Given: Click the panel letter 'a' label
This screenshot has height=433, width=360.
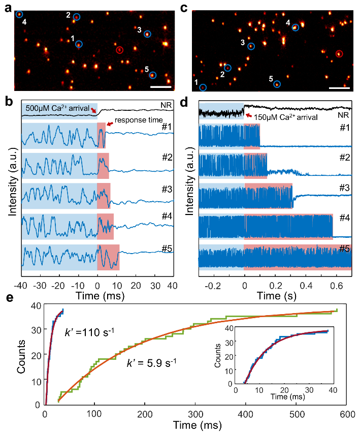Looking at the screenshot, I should (x=8, y=7).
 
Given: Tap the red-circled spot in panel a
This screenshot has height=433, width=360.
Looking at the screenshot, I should (x=119, y=50).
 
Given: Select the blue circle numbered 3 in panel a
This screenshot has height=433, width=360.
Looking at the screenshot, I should (x=147, y=34).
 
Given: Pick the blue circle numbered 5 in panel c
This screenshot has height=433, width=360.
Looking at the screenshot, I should (x=277, y=84).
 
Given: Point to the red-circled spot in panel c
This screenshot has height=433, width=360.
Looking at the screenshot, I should (x=339, y=53).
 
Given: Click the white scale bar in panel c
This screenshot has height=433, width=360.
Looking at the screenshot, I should (x=339, y=87).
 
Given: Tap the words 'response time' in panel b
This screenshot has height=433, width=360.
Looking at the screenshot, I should (x=134, y=120).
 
